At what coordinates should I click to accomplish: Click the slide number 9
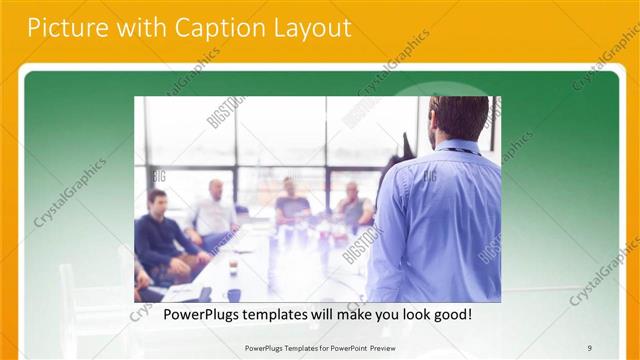(x=589, y=347)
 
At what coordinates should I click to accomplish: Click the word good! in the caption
(x=452, y=315)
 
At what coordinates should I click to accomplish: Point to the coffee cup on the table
(x=233, y=268)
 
